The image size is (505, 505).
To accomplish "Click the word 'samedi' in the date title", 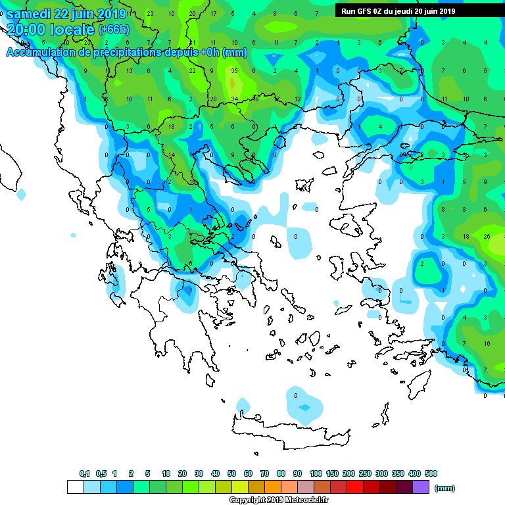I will (x=32, y=14).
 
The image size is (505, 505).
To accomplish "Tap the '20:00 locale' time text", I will (x=51, y=30).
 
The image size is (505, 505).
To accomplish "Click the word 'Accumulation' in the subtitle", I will (x=45, y=53).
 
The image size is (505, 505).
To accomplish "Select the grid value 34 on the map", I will (x=234, y=99).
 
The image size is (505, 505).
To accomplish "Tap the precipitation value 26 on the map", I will (x=487, y=236).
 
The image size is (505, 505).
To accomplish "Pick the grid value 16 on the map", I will (x=487, y=344).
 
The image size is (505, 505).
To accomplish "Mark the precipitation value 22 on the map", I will (x=192, y=71).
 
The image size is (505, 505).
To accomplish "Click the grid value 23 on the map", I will (x=150, y=13).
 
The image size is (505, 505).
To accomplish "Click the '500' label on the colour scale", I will (x=431, y=473).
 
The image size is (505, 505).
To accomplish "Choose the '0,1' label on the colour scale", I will (x=84, y=473).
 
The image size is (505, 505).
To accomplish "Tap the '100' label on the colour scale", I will (x=316, y=473).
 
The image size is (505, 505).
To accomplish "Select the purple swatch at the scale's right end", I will (x=421, y=487).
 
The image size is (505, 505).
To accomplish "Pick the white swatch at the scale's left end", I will (x=76, y=487).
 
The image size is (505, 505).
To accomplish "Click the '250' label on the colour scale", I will (x=365, y=473).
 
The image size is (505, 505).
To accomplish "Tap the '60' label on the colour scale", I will (x=248, y=473).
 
